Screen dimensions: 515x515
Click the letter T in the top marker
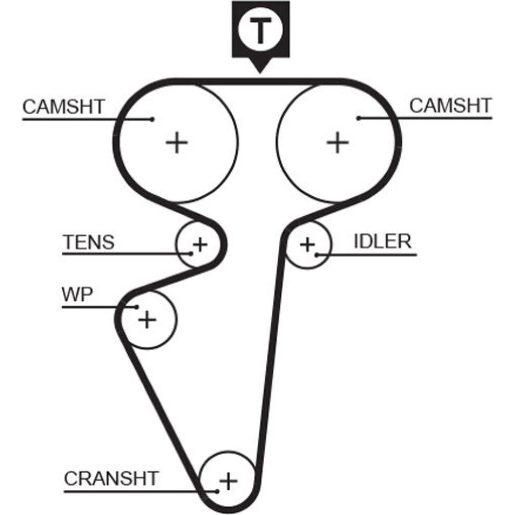pyautogui.click(x=260, y=31)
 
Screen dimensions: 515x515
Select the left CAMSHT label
pyautogui.click(x=63, y=107)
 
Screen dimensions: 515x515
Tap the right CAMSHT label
pyautogui.click(x=450, y=106)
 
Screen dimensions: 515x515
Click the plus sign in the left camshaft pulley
pyautogui.click(x=177, y=142)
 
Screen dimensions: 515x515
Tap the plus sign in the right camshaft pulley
pyautogui.click(x=338, y=142)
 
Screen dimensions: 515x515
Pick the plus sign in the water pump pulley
pyautogui.click(x=147, y=319)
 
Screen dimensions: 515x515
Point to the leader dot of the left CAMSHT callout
pyautogui.click(x=152, y=119)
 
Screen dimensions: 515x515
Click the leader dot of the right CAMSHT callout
pyautogui.click(x=358, y=118)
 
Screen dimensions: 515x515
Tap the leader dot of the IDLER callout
pyautogui.click(x=318, y=254)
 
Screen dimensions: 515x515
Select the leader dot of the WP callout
pyautogui.click(x=136, y=307)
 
